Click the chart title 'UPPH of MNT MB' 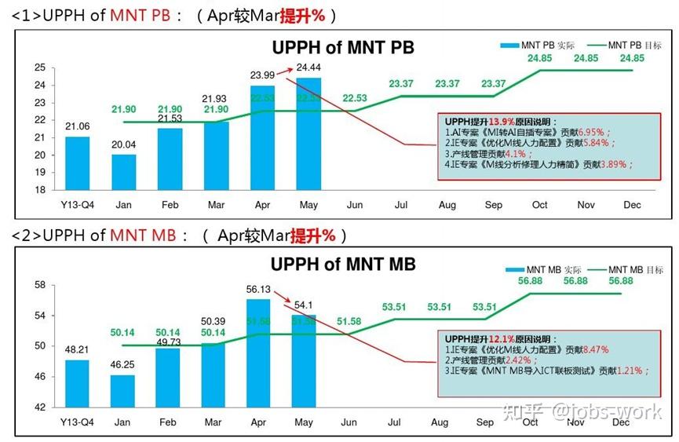343,264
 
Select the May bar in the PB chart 308,133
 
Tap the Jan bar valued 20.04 123,172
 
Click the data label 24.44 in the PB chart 308,68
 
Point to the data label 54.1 302,305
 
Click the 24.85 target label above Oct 539,58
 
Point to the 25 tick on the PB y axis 39,68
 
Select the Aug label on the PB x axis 447,205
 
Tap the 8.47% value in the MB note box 593,349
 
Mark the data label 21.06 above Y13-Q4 77,126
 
